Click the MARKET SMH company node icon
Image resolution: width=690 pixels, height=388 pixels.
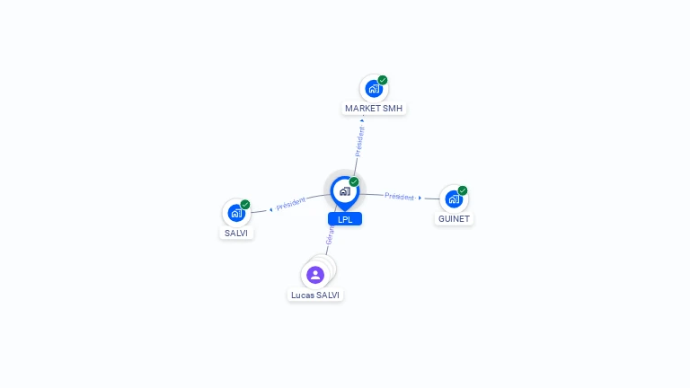pos(374,89)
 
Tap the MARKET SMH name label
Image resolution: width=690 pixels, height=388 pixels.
pos(375,109)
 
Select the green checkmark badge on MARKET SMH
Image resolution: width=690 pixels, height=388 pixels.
pos(383,80)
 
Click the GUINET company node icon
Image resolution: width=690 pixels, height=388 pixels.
pos(454,198)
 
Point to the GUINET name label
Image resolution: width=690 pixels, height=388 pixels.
pos(454,218)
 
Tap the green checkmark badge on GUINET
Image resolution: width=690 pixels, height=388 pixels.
pos(463,190)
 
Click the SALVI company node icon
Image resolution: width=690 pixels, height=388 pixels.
pos(236,213)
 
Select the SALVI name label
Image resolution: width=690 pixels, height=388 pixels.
pos(237,233)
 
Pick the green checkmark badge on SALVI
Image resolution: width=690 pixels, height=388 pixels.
pos(245,204)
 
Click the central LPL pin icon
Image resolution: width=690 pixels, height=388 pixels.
pos(344,190)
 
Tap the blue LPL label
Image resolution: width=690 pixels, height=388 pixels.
pos(345,219)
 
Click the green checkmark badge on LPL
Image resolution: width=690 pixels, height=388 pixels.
pos(354,181)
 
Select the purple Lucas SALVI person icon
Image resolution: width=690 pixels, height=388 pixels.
pos(314,275)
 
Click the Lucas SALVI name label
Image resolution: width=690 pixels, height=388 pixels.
pos(315,295)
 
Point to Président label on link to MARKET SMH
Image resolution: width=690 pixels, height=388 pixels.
pos(359,141)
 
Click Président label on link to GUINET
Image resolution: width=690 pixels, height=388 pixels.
pos(399,196)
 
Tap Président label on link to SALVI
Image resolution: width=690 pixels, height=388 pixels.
pos(291,204)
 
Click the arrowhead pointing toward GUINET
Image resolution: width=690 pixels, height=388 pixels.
pos(420,198)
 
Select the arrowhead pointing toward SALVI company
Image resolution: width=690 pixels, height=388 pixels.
pos(270,209)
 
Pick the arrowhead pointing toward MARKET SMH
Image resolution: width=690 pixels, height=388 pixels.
pos(362,119)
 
